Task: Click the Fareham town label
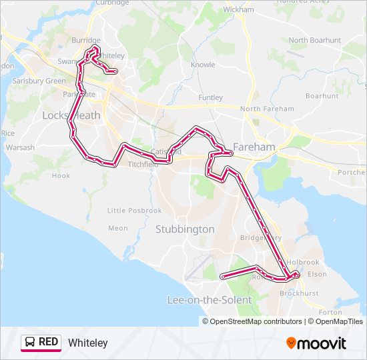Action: (x=254, y=147)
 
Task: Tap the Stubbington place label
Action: (x=185, y=229)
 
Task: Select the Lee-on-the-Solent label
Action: (x=209, y=300)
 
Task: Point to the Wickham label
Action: (x=239, y=10)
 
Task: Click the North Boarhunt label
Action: (x=315, y=40)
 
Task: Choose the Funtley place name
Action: (x=211, y=97)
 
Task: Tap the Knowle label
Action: (x=203, y=65)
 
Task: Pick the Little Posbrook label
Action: (x=135, y=211)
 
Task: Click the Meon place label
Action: (x=117, y=228)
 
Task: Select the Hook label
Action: (x=61, y=176)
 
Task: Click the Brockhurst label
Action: (x=299, y=293)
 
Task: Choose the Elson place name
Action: (x=318, y=274)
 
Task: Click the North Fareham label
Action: (x=267, y=109)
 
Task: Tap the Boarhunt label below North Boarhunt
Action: (x=322, y=96)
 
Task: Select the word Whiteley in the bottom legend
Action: (x=87, y=343)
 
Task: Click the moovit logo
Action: (x=316, y=343)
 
